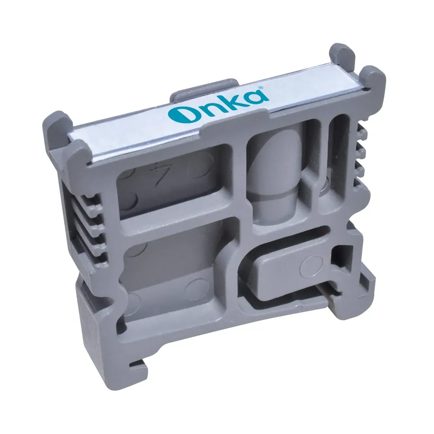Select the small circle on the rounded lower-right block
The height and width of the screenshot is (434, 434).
[x=311, y=267]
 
